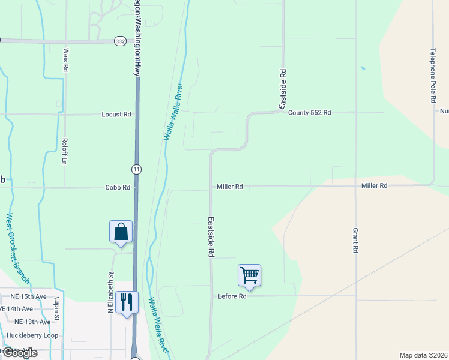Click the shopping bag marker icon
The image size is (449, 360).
[x=121, y=232]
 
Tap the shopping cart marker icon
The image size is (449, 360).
[x=249, y=275]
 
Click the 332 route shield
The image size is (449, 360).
[x=119, y=41]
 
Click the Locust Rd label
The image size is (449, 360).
[x=116, y=114]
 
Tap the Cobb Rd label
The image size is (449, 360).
[x=118, y=187]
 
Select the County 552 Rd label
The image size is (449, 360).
[x=309, y=113]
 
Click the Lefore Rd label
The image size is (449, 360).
[x=232, y=296]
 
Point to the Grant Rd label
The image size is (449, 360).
[x=355, y=240]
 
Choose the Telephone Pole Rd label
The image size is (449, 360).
[x=432, y=76]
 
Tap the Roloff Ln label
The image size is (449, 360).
[x=63, y=151]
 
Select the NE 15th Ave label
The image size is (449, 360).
[x=28, y=296]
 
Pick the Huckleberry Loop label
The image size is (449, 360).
[x=32, y=335]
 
